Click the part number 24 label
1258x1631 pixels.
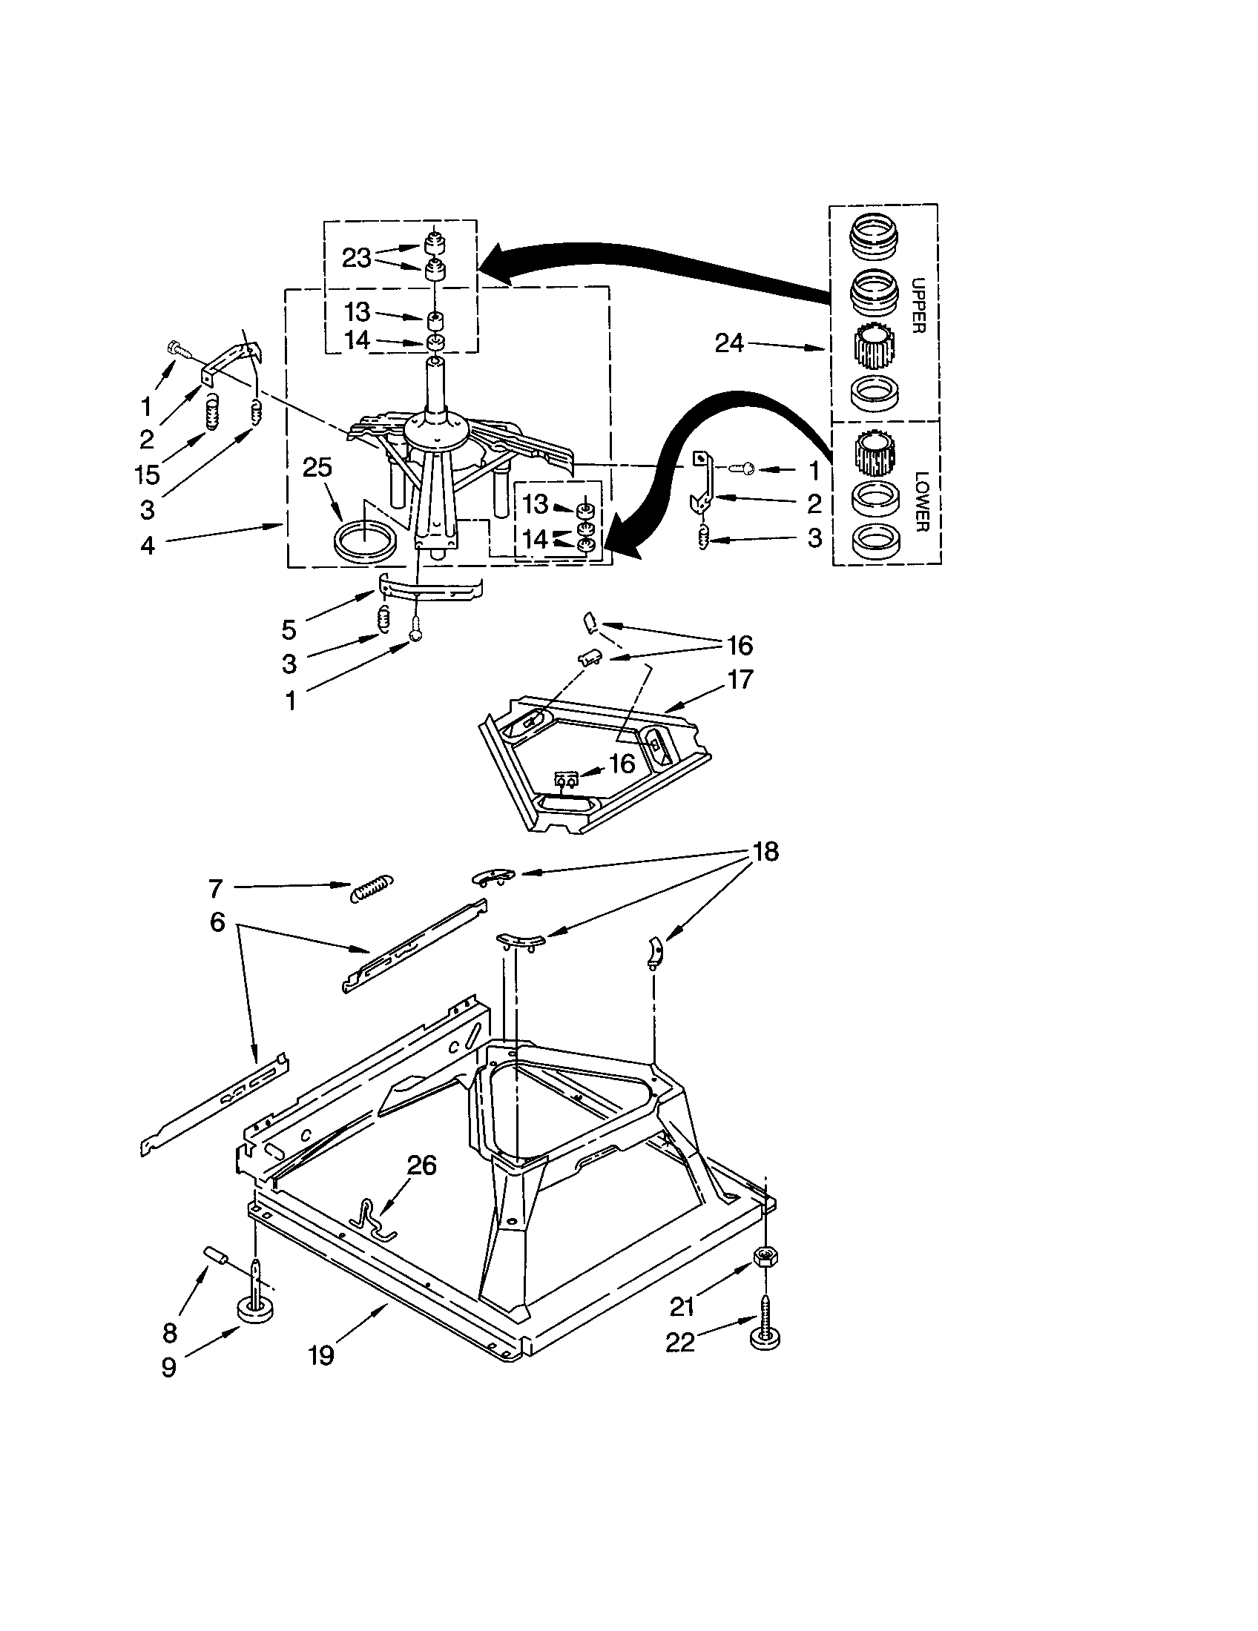point(729,343)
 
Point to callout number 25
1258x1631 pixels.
point(317,469)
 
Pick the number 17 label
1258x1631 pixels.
point(740,679)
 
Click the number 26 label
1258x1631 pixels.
point(421,1164)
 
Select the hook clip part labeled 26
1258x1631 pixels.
point(372,1220)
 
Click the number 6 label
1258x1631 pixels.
point(217,922)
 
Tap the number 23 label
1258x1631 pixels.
point(357,259)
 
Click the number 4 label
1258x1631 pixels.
point(148,545)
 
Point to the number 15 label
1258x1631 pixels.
point(148,475)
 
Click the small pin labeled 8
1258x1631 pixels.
point(216,1255)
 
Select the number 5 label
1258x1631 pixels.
point(289,629)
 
